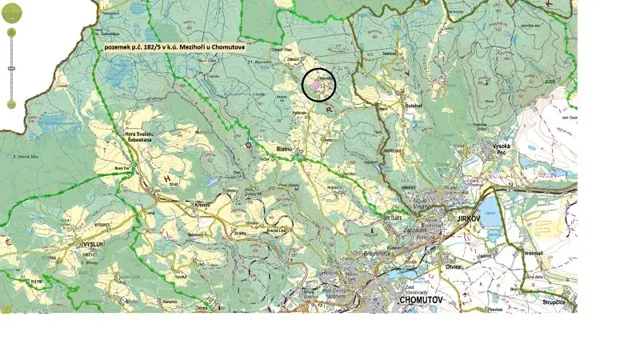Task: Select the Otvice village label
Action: [455, 266]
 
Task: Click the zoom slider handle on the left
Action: [11, 69]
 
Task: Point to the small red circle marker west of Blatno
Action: [248, 145]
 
